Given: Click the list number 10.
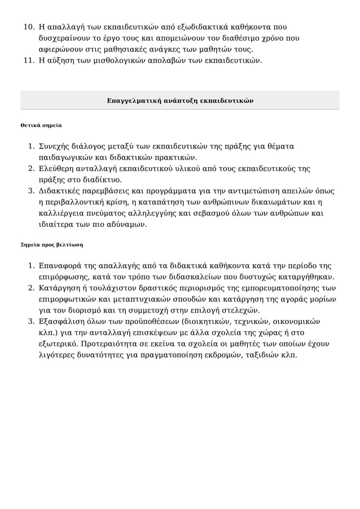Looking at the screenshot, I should [28, 27].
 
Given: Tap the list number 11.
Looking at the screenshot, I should [28, 60].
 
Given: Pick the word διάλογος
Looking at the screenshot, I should [85, 146].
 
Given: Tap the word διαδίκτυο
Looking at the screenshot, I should [103, 179].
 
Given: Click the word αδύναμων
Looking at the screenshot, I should [129, 225].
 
